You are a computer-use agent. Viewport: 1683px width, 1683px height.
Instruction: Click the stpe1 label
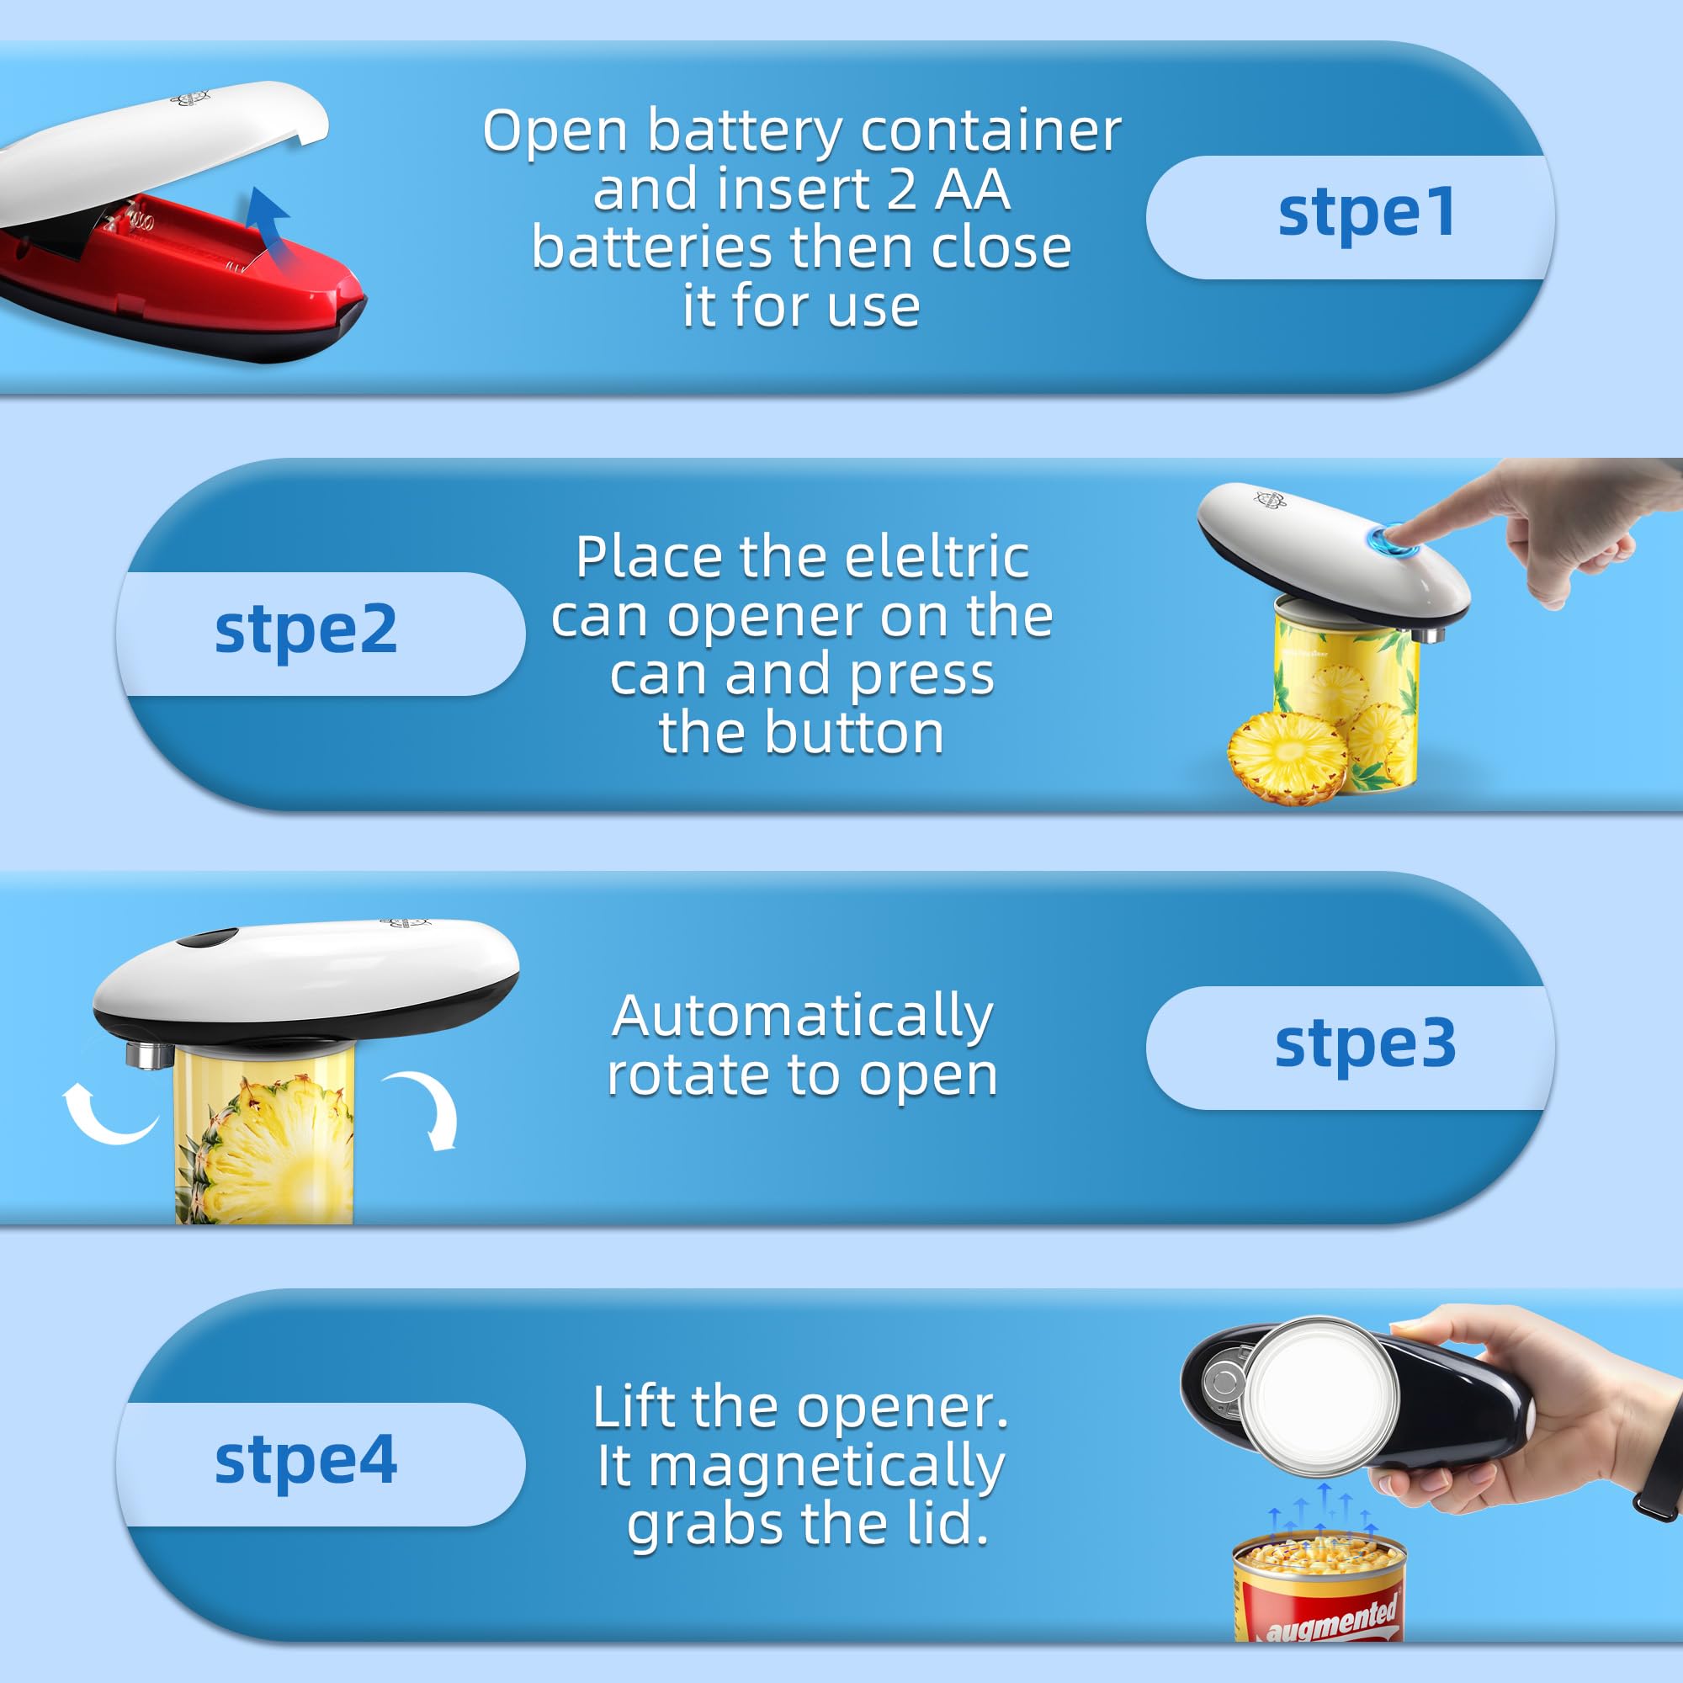[x=1365, y=215]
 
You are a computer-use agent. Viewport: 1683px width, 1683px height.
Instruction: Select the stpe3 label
[x=1365, y=1045]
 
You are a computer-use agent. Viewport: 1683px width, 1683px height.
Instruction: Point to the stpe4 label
[x=305, y=1462]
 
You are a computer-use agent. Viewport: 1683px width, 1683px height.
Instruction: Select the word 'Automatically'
[x=801, y=1017]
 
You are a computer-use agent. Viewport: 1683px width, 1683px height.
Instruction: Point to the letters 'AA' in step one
[x=972, y=189]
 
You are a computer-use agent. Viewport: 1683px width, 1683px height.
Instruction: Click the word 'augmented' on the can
[x=1331, y=1620]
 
